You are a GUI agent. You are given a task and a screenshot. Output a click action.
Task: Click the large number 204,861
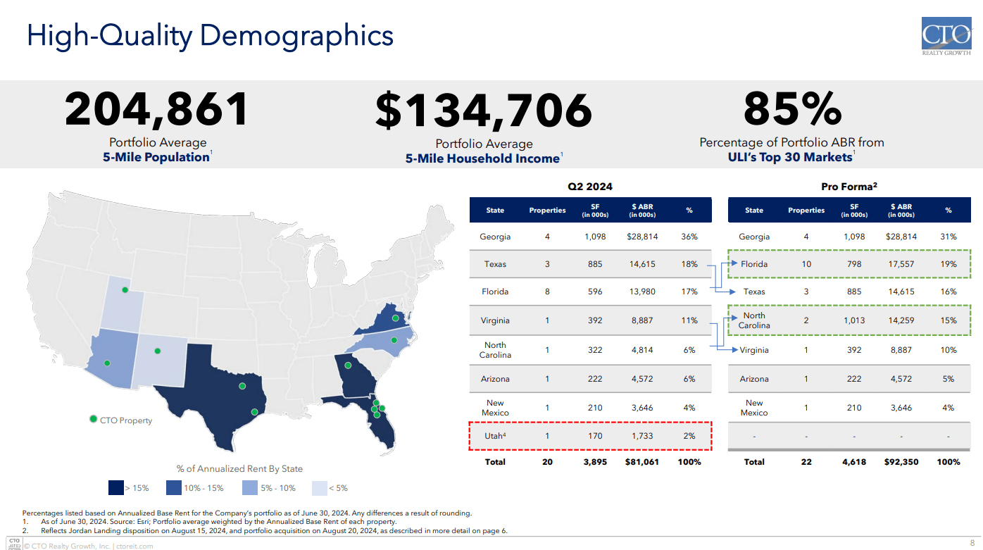tap(157, 110)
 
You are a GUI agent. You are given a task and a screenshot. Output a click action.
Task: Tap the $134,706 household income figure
tap(484, 111)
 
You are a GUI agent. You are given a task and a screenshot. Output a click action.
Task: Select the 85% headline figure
tap(792, 110)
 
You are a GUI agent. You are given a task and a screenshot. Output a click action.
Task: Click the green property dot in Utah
tap(125, 289)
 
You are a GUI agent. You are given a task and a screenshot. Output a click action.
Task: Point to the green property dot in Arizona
tap(107, 363)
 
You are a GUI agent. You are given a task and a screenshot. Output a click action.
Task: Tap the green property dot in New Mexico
tap(158, 351)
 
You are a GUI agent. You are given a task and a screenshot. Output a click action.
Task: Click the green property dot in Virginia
tap(396, 319)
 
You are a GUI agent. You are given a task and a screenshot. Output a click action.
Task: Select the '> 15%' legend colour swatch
tap(115, 487)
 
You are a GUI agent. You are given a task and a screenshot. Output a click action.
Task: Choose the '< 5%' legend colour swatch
tap(320, 487)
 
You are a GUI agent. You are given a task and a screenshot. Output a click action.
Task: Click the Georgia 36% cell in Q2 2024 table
tap(689, 237)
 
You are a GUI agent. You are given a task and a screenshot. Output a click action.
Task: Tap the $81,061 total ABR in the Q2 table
tap(641, 462)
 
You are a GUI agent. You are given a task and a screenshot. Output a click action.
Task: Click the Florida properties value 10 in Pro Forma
tap(806, 264)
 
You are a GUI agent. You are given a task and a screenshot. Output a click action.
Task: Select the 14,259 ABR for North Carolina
tap(901, 320)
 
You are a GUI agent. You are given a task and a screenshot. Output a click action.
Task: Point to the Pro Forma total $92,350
tap(901, 462)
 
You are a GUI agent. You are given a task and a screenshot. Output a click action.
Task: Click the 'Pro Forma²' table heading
tap(848, 187)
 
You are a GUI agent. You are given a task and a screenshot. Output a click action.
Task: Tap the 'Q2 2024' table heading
tap(590, 187)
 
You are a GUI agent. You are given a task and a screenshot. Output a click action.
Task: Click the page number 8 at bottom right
tap(972, 542)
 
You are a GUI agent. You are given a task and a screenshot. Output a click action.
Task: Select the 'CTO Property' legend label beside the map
tap(126, 420)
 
